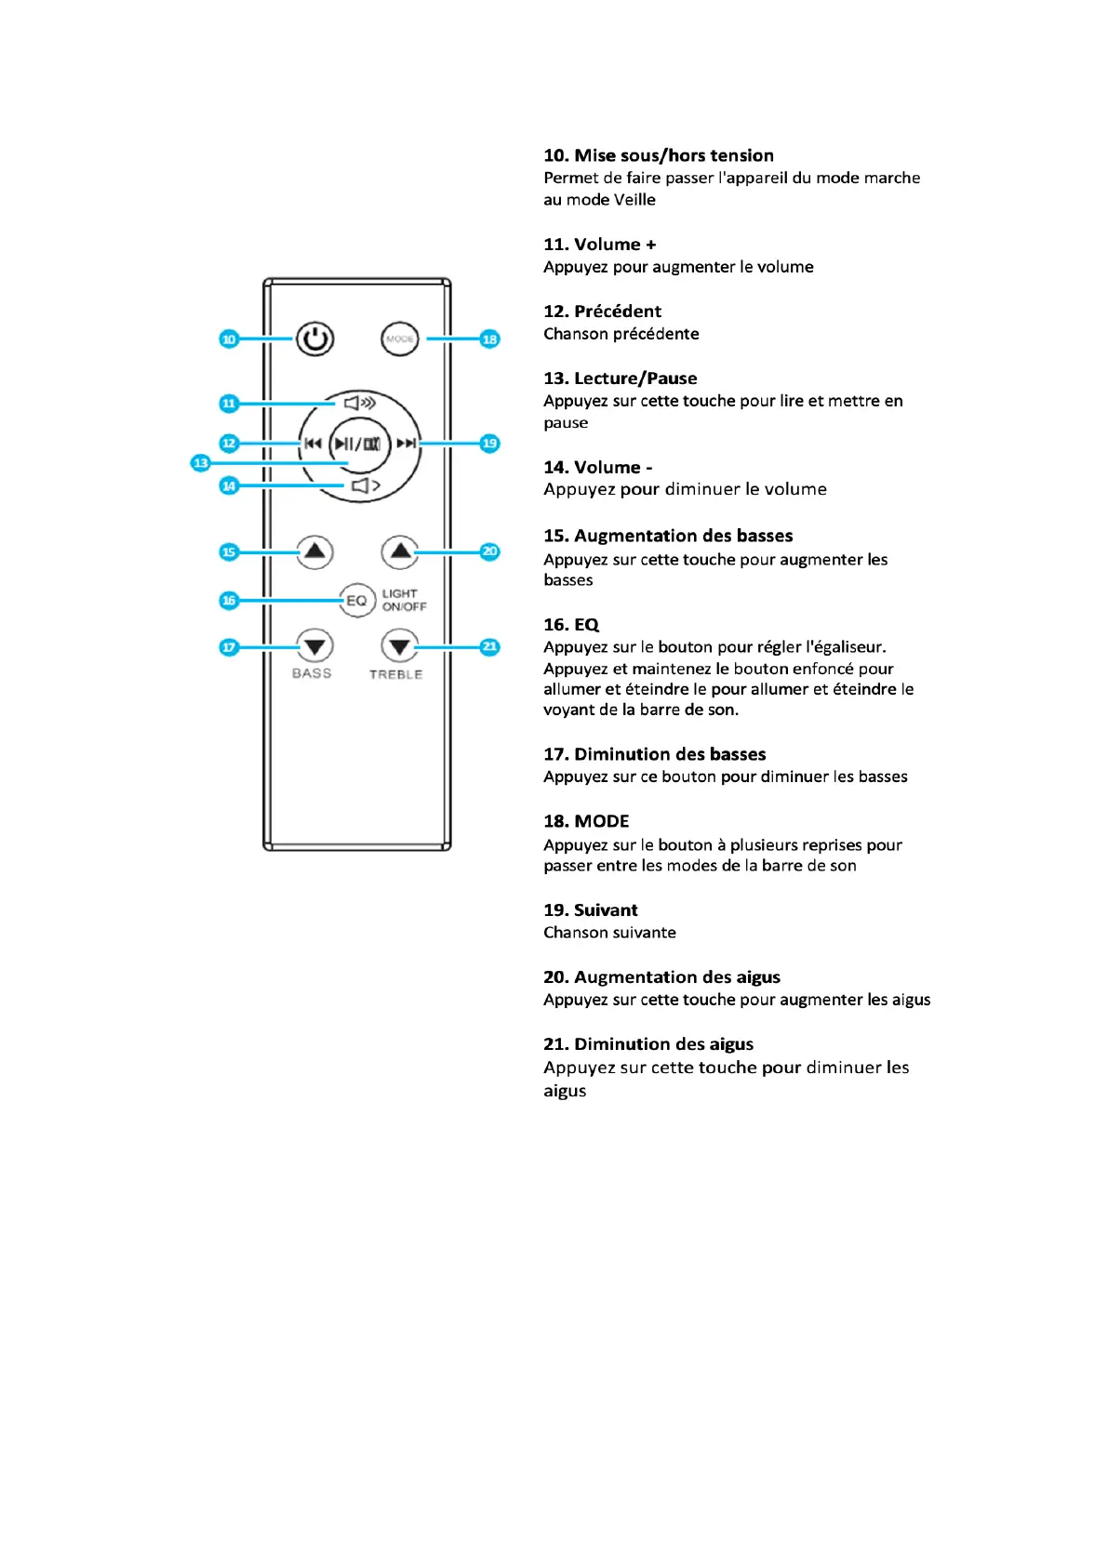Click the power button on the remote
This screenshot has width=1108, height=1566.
tap(314, 339)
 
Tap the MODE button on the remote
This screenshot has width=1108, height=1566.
tap(400, 339)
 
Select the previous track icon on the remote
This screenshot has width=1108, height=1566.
tap(313, 444)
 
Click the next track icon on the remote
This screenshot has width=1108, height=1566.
tap(406, 444)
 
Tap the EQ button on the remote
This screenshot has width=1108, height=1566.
tap(356, 601)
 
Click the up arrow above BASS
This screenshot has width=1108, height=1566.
tap(314, 552)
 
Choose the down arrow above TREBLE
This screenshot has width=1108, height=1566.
tap(399, 646)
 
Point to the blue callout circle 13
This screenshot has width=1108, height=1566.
tap(200, 463)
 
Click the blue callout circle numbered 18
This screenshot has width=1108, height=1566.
tap(489, 339)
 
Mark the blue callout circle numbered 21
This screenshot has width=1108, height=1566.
tap(489, 647)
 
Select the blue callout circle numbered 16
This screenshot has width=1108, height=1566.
tap(229, 601)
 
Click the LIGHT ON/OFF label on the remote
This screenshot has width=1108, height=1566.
tap(404, 601)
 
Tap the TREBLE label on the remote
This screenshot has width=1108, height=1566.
tap(395, 674)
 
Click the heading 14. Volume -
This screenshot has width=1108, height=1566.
tap(597, 468)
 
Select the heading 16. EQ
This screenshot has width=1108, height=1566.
tap(571, 625)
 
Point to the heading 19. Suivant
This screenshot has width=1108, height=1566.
tap(591, 910)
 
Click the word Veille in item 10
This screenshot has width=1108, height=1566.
tap(634, 200)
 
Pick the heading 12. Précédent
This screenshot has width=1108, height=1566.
tap(602, 312)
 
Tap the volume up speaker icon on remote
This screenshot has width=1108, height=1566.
tap(359, 403)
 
